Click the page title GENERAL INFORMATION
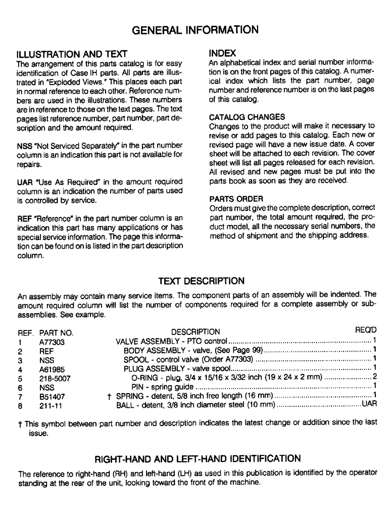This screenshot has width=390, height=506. pyautogui.click(x=195, y=30)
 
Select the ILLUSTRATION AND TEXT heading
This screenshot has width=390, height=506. pyautogui.click(x=71, y=54)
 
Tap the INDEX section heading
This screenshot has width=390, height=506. pyautogui.click(x=222, y=53)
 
